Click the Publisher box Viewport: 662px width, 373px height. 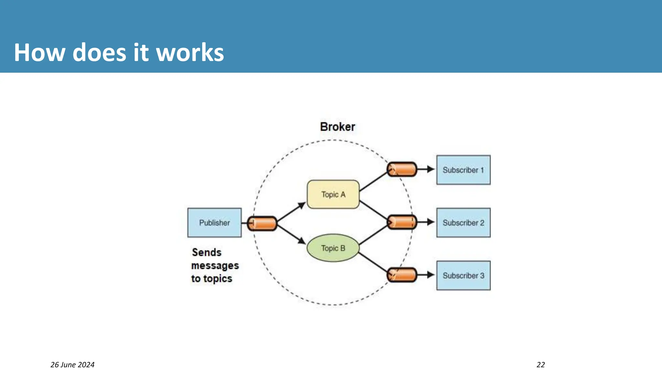tap(214, 223)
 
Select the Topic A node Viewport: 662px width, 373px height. tap(333, 195)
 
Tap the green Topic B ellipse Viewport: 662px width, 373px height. tap(333, 248)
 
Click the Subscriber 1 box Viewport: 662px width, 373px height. tap(463, 170)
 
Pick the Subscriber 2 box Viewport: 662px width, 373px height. tap(463, 223)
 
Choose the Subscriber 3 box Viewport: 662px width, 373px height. tap(463, 276)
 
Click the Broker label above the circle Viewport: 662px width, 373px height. tap(337, 127)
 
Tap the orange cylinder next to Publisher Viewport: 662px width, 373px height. tap(262, 223)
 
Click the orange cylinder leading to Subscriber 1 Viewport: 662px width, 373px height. tap(402, 169)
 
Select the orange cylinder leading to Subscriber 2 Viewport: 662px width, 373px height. tap(402, 222)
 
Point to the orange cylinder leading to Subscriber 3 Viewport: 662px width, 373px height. tap(402, 275)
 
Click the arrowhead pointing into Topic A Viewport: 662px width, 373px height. tap(302, 205)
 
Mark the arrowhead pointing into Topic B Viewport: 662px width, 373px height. tap(302, 241)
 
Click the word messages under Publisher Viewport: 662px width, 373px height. tap(215, 266)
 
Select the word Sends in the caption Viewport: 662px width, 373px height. tap(207, 253)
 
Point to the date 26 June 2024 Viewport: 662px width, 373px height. tap(72, 365)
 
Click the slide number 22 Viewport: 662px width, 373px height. tap(540, 365)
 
